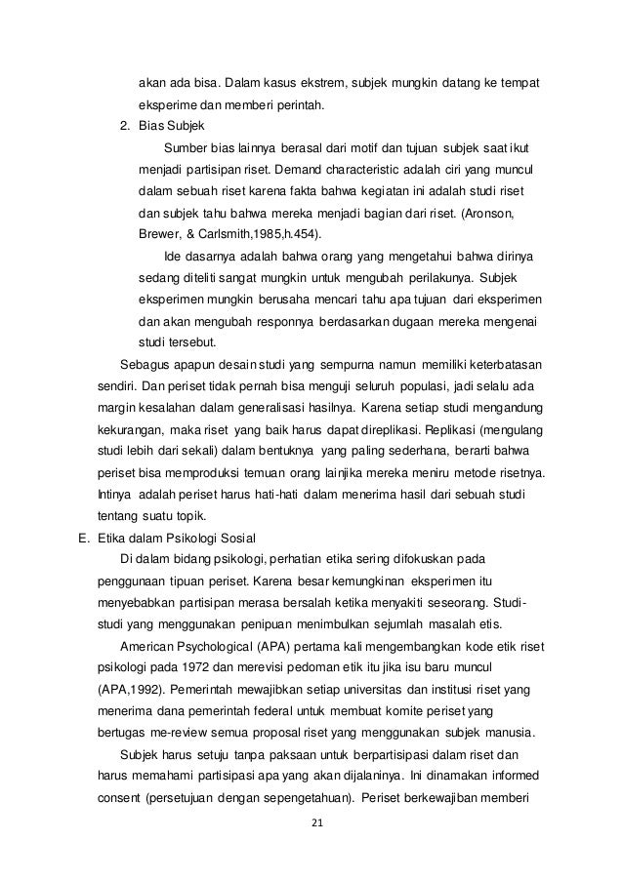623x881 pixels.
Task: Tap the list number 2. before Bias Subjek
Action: click(x=125, y=126)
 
